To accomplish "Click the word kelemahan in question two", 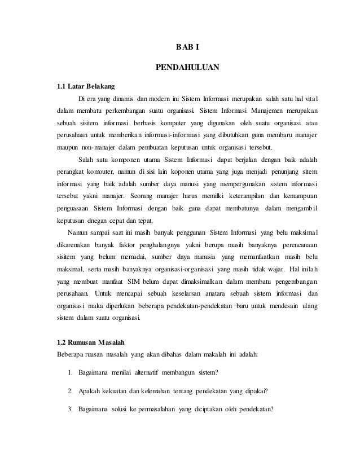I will click(162, 391).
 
